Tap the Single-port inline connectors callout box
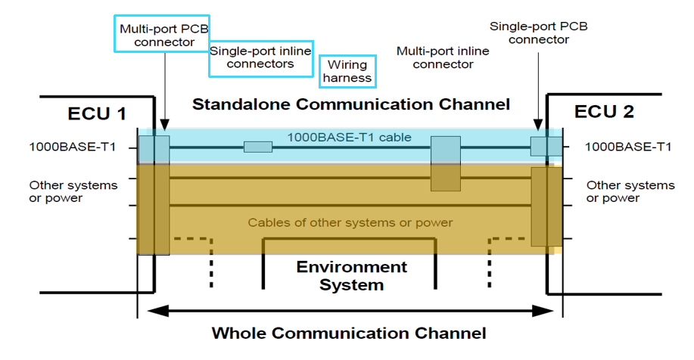[x=261, y=58]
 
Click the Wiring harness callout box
[x=348, y=71]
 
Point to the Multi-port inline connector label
[x=443, y=57]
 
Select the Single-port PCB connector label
[x=538, y=33]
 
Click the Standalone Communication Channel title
[x=351, y=104]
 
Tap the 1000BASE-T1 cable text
[x=349, y=138]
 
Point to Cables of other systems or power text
[x=350, y=222]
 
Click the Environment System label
[x=351, y=275]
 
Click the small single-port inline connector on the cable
[x=258, y=147]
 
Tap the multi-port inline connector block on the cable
[x=445, y=163]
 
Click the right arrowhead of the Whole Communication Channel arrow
[x=555, y=310]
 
